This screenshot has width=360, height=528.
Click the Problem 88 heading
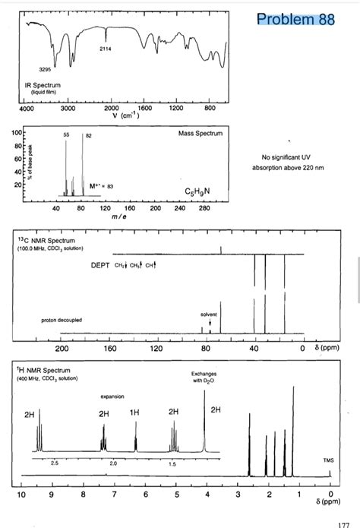(x=295, y=19)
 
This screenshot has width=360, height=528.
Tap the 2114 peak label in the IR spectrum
(x=106, y=49)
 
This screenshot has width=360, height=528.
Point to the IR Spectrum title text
(x=42, y=84)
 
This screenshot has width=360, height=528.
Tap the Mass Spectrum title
(x=201, y=134)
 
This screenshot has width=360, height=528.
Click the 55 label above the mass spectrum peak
(x=66, y=134)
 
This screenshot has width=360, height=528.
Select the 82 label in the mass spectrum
(x=88, y=134)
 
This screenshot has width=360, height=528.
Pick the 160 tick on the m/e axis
(x=129, y=208)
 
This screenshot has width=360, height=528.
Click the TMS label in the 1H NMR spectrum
(x=327, y=460)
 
